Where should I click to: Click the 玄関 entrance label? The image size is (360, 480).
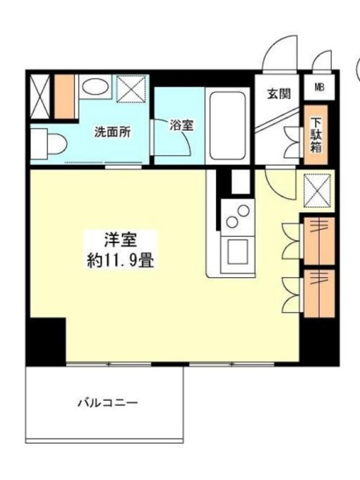click(x=279, y=94)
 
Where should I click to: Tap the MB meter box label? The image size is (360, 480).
click(x=319, y=87)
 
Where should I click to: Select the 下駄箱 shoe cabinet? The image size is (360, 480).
click(x=316, y=135)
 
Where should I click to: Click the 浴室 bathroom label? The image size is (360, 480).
click(x=181, y=125)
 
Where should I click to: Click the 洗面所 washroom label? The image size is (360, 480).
click(x=112, y=132)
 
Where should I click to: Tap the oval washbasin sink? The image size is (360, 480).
click(x=95, y=86)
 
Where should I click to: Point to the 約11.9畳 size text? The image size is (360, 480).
click(x=121, y=261)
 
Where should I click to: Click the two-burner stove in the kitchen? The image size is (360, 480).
click(x=238, y=217)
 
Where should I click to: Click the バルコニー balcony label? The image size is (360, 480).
click(x=107, y=403)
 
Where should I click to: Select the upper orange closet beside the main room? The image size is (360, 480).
click(x=319, y=241)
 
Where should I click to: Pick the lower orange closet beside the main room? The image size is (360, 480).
click(x=319, y=293)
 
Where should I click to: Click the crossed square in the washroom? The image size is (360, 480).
click(x=131, y=89)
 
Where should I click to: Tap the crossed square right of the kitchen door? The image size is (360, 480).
click(x=317, y=190)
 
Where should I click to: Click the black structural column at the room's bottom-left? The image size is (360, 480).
click(x=46, y=341)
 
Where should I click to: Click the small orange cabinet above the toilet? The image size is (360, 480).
click(x=64, y=97)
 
